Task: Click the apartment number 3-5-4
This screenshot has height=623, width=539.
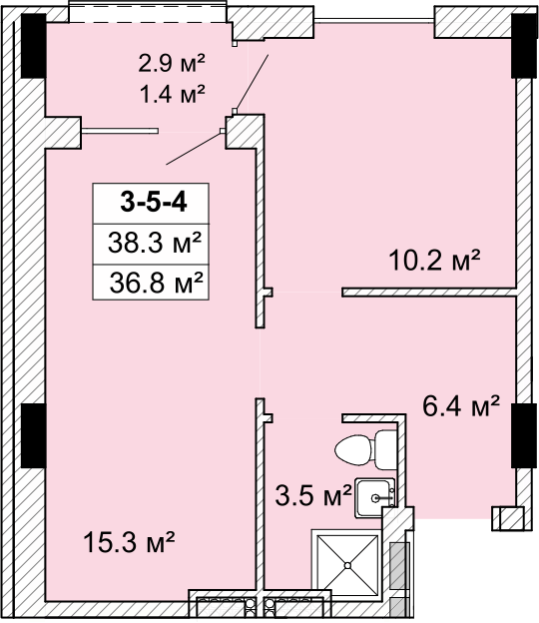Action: [x=154, y=203]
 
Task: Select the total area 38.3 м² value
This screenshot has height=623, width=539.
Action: [x=154, y=243]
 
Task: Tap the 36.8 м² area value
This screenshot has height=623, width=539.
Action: [x=156, y=283]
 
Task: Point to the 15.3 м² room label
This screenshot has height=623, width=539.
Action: [x=130, y=543]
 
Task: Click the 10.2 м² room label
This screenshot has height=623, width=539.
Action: [x=435, y=261]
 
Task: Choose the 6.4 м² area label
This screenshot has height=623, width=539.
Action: [x=461, y=405]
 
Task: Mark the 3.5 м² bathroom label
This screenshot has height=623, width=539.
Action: [x=313, y=495]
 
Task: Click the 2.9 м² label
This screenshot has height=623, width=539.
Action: [x=172, y=64]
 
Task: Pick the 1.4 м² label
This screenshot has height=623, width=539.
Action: [x=173, y=94]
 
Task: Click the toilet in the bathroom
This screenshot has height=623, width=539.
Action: [x=365, y=449]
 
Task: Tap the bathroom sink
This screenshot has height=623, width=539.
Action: [x=375, y=497]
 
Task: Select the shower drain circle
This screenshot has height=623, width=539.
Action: [x=348, y=565]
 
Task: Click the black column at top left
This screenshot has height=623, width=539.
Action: [x=33, y=46]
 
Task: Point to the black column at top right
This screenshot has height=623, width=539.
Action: [x=524, y=46]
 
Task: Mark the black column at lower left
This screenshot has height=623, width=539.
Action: [x=33, y=435]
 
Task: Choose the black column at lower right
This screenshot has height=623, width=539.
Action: [x=524, y=435]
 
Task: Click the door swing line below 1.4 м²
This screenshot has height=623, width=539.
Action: [x=194, y=148]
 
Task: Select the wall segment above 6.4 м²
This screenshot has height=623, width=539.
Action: [x=429, y=293]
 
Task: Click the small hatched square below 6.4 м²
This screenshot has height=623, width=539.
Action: [x=507, y=518]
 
